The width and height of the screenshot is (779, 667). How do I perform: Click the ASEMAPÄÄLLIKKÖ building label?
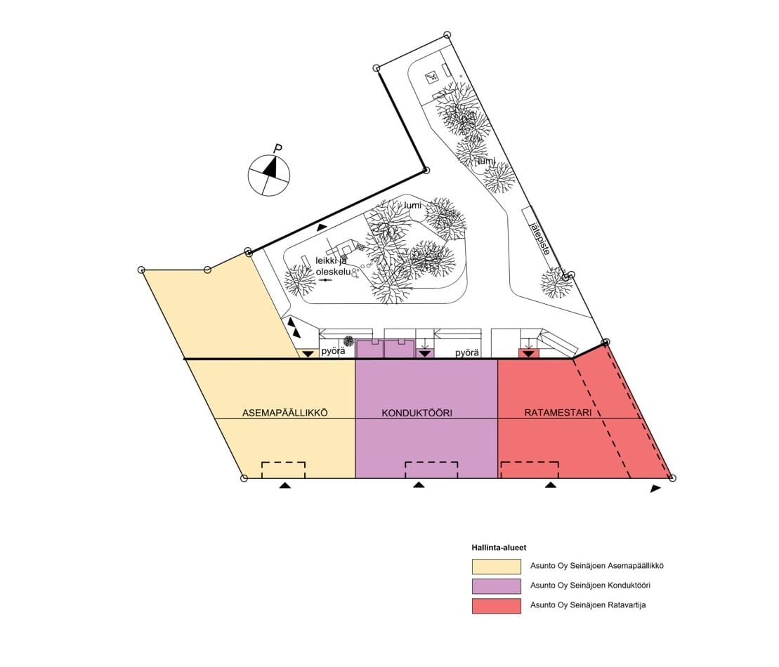pyautogui.click(x=284, y=413)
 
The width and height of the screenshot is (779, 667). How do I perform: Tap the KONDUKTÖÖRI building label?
pyautogui.click(x=417, y=413)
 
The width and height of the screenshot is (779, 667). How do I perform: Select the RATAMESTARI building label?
pyautogui.click(x=558, y=413)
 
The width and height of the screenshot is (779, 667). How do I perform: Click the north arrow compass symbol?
pyautogui.click(x=269, y=175)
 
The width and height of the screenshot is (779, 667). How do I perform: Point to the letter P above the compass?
pyautogui.click(x=278, y=148)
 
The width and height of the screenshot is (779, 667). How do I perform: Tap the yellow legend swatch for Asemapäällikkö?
pyautogui.click(x=497, y=566)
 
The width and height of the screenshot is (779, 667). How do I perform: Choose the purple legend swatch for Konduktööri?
pyautogui.click(x=497, y=586)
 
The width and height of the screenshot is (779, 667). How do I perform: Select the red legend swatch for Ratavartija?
pyautogui.click(x=497, y=606)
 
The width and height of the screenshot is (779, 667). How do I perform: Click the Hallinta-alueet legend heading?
pyautogui.click(x=499, y=548)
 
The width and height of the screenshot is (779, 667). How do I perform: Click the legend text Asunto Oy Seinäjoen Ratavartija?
pyautogui.click(x=588, y=605)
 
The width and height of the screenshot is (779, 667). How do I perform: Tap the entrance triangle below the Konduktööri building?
pyautogui.click(x=419, y=484)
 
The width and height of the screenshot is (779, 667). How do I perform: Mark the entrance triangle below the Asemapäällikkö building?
pyautogui.click(x=284, y=484)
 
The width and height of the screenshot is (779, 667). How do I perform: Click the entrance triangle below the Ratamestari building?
pyautogui.click(x=551, y=484)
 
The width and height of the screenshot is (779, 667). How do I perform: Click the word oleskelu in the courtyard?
pyautogui.click(x=333, y=272)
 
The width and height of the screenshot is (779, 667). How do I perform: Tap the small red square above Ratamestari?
pyautogui.click(x=529, y=353)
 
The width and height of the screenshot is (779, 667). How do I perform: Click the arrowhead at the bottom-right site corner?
pyautogui.click(x=656, y=489)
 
